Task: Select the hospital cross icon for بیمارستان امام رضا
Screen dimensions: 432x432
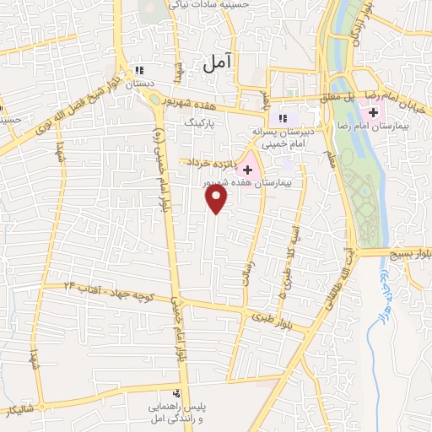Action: coord(373,112)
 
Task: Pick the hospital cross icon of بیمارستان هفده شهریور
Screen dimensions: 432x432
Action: coord(246,170)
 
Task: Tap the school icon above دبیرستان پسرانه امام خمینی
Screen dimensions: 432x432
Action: coord(283,118)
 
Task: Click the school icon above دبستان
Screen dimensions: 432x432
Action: coord(141,71)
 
